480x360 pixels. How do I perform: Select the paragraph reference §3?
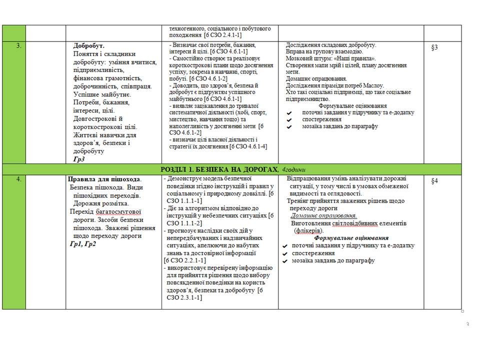pyautogui.click(x=434, y=47)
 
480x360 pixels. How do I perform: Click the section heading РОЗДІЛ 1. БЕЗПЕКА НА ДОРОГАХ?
pyautogui.click(x=219, y=169)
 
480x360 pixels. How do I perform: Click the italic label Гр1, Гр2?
pyautogui.click(x=83, y=244)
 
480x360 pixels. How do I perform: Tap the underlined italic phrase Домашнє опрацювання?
pyautogui.click(x=323, y=215)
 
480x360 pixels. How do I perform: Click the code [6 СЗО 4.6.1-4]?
pyautogui.click(x=248, y=146)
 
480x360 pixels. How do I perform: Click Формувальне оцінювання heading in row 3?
pyautogui.click(x=352, y=106)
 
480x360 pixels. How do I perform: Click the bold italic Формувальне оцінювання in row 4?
pyautogui.click(x=351, y=238)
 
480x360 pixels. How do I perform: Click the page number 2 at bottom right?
pyautogui.click(x=468, y=324)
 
